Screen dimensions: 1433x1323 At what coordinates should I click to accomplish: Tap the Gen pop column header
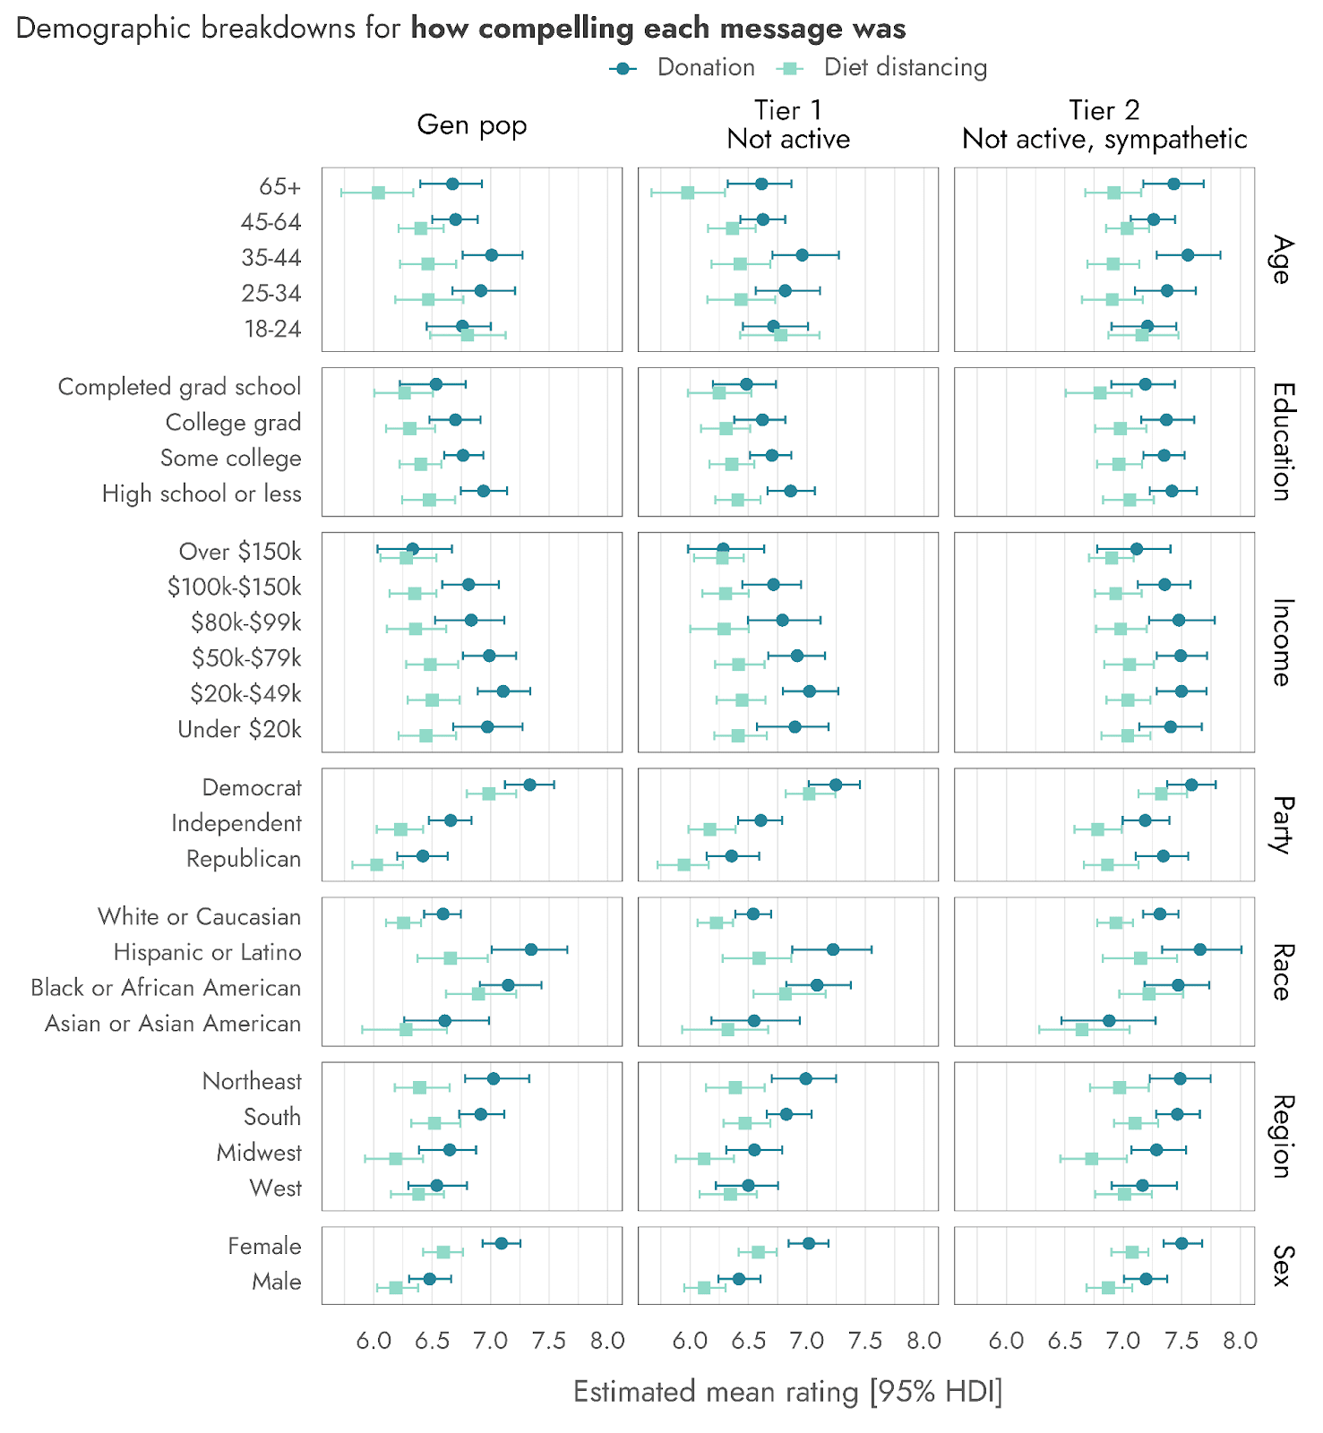click(x=472, y=124)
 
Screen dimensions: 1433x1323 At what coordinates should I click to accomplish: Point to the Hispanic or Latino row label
click(x=207, y=952)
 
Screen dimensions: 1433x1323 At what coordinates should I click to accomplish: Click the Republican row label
click(x=244, y=859)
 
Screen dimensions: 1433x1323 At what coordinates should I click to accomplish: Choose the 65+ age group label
click(x=279, y=186)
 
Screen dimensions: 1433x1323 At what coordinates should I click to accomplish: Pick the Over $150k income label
click(x=240, y=551)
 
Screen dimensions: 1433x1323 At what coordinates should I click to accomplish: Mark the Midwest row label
click(x=259, y=1153)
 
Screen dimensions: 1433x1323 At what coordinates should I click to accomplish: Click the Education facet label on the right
click(x=1282, y=442)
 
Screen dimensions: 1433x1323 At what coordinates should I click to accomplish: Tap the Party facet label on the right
click(x=1282, y=824)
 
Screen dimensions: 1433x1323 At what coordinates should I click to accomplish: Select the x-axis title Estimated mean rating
click(x=787, y=1392)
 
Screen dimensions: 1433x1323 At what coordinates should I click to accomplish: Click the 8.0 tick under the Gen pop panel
click(x=607, y=1341)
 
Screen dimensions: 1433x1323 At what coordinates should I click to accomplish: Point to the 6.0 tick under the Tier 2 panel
click(x=1006, y=1341)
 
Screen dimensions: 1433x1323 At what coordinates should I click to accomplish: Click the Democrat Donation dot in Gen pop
click(x=529, y=785)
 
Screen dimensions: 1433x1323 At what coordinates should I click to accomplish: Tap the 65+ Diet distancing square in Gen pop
click(x=378, y=193)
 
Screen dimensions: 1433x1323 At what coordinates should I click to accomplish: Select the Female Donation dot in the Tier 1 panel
click(x=809, y=1243)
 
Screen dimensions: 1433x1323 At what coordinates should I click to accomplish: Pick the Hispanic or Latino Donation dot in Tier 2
click(x=1200, y=949)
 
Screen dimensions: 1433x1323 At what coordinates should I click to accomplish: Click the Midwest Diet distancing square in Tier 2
click(x=1091, y=1159)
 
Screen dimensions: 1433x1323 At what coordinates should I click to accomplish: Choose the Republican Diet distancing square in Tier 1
click(x=684, y=865)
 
